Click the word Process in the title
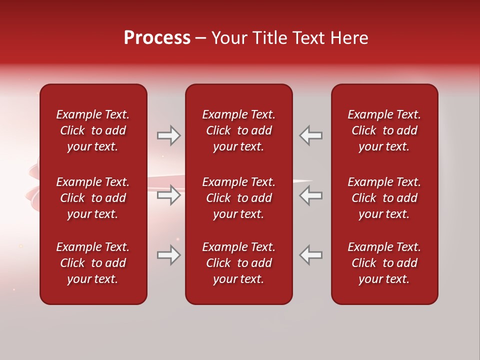tap(157, 38)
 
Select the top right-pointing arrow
tap(169, 135)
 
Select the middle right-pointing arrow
tap(169, 195)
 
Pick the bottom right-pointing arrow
tap(169, 255)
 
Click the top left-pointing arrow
tap(310, 135)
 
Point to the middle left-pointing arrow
tap(310, 195)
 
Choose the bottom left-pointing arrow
tap(310, 255)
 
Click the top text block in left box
tap(93, 130)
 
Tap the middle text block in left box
tap(93, 198)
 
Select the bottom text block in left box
tap(93, 263)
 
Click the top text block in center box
tap(239, 130)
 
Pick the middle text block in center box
tap(239, 198)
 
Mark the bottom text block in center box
tap(239, 263)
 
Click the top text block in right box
tap(384, 130)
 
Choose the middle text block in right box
tap(384, 198)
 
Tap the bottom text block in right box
tap(384, 263)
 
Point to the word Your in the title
tap(229, 38)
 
